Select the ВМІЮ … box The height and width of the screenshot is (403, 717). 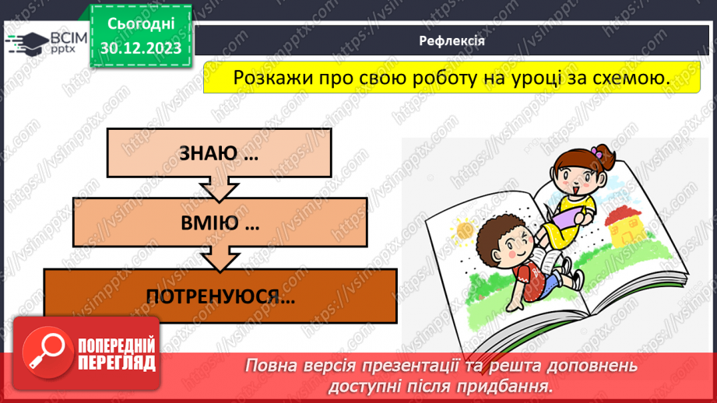tap(220, 224)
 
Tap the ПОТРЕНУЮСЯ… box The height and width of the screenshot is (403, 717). tap(220, 296)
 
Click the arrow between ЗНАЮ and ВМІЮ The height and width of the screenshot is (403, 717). tap(219, 189)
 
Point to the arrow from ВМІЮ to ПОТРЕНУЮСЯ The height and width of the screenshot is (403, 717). tap(220, 259)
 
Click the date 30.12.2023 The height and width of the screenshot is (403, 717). tap(140, 48)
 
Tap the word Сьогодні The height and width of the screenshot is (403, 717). tap(140, 25)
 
